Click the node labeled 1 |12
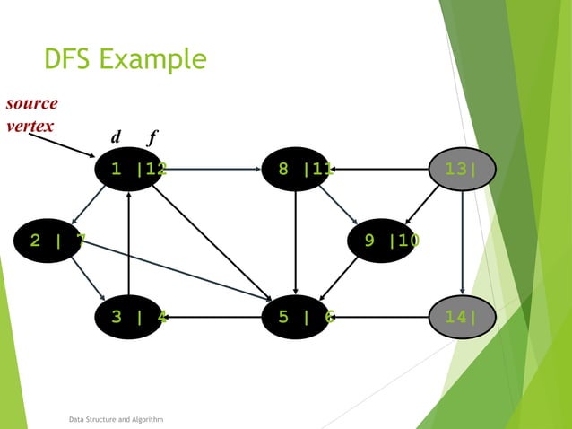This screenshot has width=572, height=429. click(130, 168)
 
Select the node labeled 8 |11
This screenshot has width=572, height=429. click(295, 168)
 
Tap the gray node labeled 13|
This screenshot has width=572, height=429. click(461, 168)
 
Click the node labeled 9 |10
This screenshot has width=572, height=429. click(383, 240)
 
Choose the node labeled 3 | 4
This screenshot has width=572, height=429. click(130, 316)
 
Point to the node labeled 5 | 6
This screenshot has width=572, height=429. click(295, 316)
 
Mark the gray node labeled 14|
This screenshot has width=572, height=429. click(461, 316)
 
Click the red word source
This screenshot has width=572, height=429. click(31, 102)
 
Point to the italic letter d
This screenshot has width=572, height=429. click(116, 138)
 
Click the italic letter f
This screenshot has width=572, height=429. click(152, 138)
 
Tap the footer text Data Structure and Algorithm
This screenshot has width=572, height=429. click(116, 419)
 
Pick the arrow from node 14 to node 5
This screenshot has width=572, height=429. click(381, 316)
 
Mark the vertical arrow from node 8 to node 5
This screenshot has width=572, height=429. click(295, 242)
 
